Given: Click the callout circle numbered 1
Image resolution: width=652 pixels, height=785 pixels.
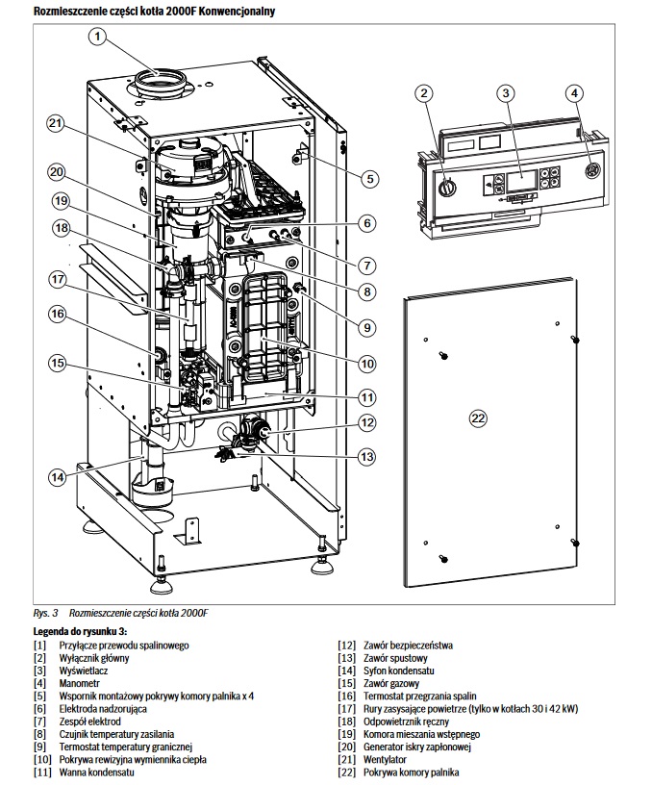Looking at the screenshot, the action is [97, 36].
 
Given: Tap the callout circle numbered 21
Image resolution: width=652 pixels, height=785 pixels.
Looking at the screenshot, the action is [56, 123].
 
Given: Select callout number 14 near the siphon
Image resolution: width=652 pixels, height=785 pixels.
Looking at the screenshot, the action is [57, 476].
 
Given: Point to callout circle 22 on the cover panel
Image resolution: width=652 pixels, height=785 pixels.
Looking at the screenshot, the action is [478, 418].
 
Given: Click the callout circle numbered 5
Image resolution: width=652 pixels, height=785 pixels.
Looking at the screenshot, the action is [370, 179].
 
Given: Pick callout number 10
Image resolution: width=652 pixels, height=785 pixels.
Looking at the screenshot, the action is [367, 364].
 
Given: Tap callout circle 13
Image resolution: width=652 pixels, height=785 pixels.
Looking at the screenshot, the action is [366, 457].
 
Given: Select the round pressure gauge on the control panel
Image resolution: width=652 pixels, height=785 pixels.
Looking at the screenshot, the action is [592, 170].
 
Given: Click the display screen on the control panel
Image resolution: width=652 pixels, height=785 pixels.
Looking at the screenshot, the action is [521, 182].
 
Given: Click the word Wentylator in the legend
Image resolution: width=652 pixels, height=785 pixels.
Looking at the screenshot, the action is [385, 759].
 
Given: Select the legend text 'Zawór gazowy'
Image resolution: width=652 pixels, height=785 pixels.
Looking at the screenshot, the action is [391, 683].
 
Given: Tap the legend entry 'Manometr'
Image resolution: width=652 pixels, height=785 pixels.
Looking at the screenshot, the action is [80, 683].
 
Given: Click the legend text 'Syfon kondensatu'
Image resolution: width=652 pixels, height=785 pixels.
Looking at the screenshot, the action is [399, 671].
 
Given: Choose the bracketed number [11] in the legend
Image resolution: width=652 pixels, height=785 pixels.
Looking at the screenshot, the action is [42, 772].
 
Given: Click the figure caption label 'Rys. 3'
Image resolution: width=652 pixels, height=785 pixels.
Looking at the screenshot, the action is [45, 613].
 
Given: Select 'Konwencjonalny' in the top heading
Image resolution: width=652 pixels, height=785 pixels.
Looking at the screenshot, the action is [237, 11].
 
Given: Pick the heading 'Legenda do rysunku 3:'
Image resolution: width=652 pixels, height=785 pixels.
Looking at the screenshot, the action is [80, 631].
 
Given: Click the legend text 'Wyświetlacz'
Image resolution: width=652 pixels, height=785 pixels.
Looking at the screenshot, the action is [84, 671].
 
